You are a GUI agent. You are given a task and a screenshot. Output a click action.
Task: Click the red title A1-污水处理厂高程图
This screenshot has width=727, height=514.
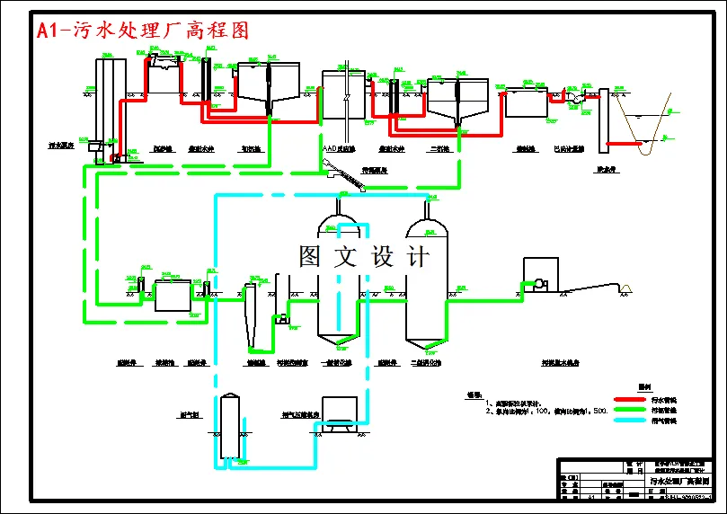click(142, 31)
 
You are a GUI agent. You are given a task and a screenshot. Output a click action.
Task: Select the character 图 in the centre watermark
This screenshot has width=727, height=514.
click(310, 256)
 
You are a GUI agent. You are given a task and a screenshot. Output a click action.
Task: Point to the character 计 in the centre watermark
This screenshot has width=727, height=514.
click(417, 256)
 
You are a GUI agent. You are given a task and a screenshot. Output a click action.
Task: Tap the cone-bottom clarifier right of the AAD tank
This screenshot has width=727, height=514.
click(457, 99)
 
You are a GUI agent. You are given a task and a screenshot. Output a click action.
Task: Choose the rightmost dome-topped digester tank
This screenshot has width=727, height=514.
click(427, 283)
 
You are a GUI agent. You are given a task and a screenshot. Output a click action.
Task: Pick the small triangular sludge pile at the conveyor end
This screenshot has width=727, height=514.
click(625, 288)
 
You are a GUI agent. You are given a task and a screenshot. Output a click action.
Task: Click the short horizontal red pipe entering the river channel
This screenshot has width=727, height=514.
click(623, 143)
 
